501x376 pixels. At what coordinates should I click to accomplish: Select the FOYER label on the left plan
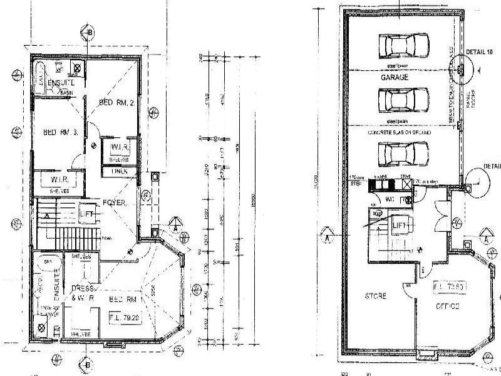[115, 202]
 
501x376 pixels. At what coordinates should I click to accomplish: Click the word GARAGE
[396, 78]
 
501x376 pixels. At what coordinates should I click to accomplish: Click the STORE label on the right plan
[374, 295]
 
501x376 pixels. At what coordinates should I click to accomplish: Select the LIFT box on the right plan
[398, 224]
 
